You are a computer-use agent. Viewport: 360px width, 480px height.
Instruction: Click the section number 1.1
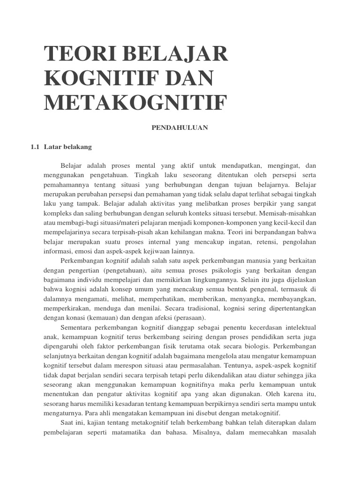point(36,147)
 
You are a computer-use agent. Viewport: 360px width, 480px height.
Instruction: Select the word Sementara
point(78,327)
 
